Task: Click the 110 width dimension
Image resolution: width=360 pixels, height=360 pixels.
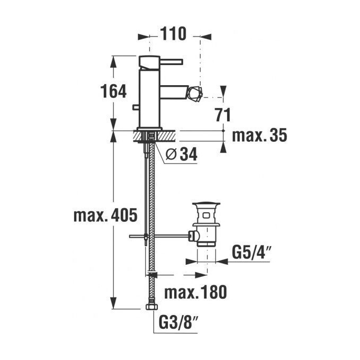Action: point(173,33)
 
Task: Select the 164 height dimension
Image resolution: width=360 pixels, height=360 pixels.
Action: point(113,91)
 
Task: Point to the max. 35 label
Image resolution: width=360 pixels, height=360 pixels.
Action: point(259,135)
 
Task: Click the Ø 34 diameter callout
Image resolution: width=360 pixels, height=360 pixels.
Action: point(182,154)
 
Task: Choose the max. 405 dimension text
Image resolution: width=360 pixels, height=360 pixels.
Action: point(105,215)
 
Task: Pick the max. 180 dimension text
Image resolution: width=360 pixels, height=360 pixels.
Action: point(195,292)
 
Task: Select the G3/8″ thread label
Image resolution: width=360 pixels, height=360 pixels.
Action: point(178,323)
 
